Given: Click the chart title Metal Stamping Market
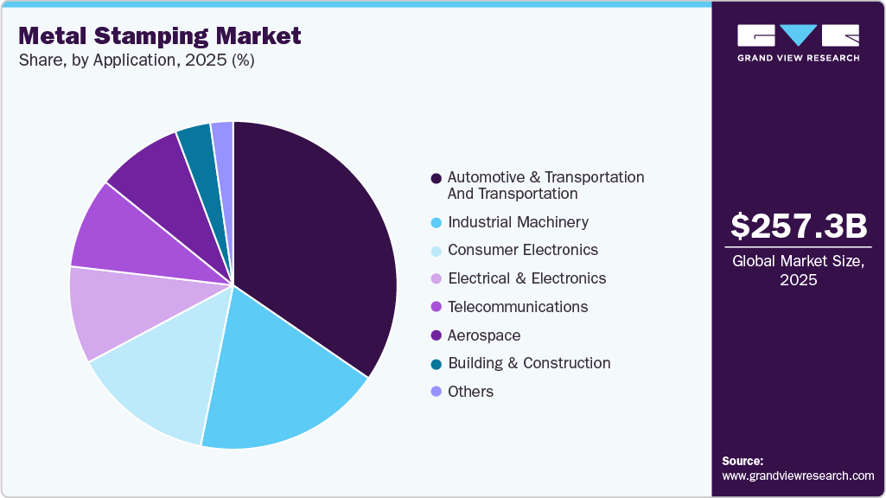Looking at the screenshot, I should click(x=160, y=35).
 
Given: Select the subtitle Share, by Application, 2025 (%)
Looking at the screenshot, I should click(x=136, y=61).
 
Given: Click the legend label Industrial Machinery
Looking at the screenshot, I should click(x=518, y=222).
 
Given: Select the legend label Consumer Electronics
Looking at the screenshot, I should click(x=522, y=250).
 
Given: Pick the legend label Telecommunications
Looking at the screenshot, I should click(x=518, y=307).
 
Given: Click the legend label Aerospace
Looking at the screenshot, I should click(x=484, y=335).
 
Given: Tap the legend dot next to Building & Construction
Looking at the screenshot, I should click(x=436, y=364).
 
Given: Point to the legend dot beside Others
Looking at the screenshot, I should click(x=436, y=393).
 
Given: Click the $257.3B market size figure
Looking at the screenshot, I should click(x=798, y=227).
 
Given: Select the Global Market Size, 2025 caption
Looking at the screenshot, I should click(x=798, y=271).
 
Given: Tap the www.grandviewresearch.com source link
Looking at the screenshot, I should click(x=798, y=476).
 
